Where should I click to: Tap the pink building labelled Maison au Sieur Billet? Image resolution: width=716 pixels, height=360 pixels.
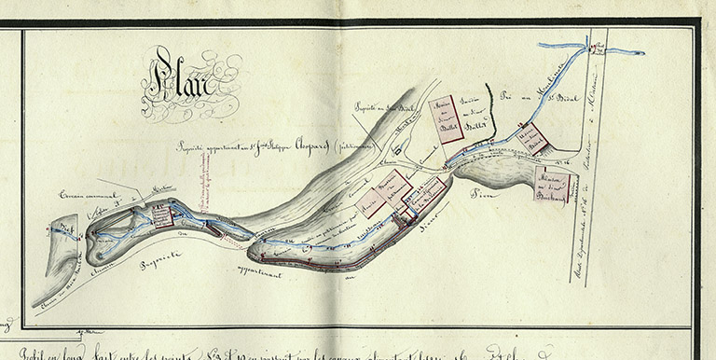446,118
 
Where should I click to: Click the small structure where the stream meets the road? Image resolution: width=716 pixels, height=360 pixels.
599,43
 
